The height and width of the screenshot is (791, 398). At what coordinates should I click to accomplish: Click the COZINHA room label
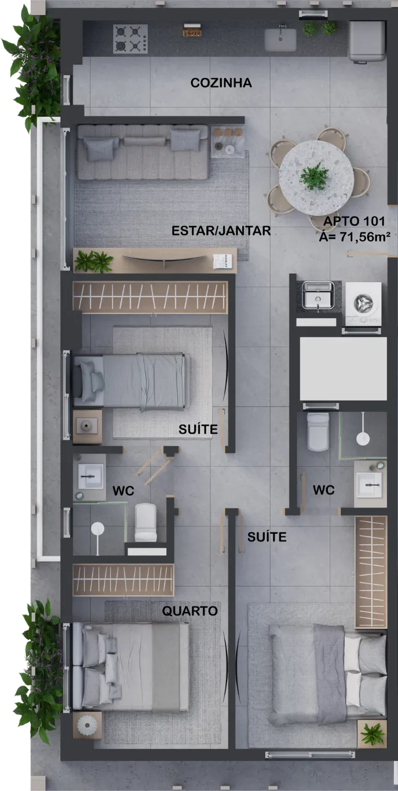coord(221,83)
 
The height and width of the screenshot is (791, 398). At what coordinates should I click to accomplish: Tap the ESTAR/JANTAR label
coord(221,230)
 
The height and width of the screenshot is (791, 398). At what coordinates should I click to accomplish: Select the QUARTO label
coord(190,610)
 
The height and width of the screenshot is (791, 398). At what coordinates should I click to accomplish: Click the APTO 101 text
coord(354,221)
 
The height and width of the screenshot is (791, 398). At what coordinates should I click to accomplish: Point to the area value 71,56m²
coord(365,237)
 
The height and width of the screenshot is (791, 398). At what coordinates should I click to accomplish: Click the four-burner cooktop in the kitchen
coord(130,38)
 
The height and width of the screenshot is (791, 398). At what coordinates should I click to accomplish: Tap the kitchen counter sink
coord(280,39)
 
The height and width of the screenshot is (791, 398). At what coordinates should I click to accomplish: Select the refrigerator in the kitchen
coord(367,41)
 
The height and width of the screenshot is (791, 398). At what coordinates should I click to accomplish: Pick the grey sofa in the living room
coord(143,152)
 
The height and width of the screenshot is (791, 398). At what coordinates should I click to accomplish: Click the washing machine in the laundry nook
coord(363,303)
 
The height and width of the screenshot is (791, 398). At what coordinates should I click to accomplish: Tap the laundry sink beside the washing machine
coord(317,295)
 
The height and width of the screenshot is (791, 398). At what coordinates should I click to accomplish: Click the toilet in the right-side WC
coord(318,431)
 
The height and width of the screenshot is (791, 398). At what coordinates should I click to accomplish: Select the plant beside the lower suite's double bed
coord(372,734)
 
